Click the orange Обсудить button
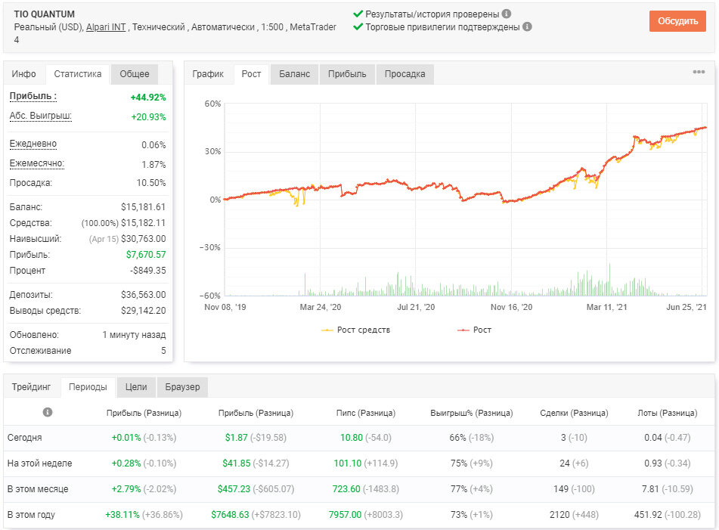pyautogui.click(x=677, y=21)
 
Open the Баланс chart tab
pyautogui.click(x=294, y=74)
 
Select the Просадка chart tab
pyautogui.click(x=405, y=74)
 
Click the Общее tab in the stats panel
pyautogui.click(x=135, y=74)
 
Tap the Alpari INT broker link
pyautogui.click(x=106, y=27)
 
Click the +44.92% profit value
pyautogui.click(x=148, y=98)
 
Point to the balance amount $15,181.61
pyautogui.click(x=143, y=206)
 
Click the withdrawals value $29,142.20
pyautogui.click(x=143, y=311)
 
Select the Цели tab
pyautogui.click(x=136, y=387)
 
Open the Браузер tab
pyautogui.click(x=182, y=387)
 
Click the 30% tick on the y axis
pyautogui.click(x=212, y=151)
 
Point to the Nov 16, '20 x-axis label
pyautogui.click(x=511, y=307)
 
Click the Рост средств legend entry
pyautogui.click(x=356, y=330)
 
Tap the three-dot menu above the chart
pyautogui.click(x=699, y=72)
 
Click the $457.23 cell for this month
pyautogui.click(x=234, y=488)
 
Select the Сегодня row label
pyautogui.click(x=24, y=438)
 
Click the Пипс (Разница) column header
pyautogui.click(x=365, y=413)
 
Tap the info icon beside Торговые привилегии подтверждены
pyautogui.click(x=527, y=26)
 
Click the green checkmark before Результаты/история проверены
pyautogui.click(x=358, y=14)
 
